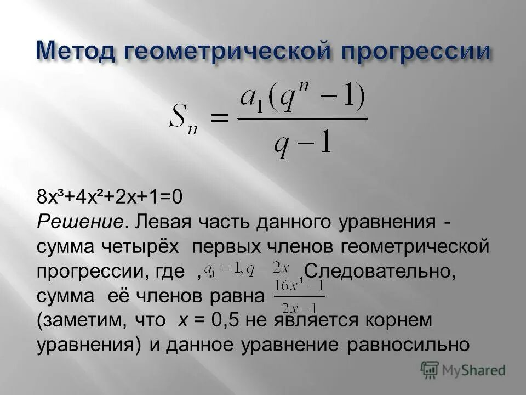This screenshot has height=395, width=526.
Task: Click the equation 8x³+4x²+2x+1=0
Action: point(110,196)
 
